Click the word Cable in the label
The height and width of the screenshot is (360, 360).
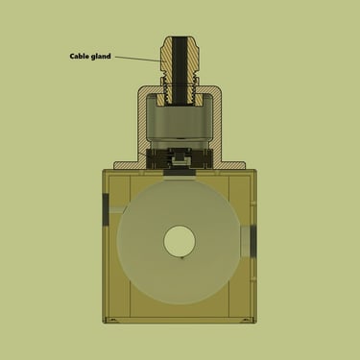coord(80,57)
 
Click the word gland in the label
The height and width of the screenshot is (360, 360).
coord(101,57)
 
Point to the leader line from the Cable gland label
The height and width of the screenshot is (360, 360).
coord(137,59)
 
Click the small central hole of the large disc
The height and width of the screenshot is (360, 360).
coord(180,241)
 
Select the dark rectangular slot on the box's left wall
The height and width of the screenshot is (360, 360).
coord(106,210)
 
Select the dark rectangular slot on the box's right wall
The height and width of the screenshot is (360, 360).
coord(253,242)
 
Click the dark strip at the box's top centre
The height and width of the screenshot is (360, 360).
coord(180,173)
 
